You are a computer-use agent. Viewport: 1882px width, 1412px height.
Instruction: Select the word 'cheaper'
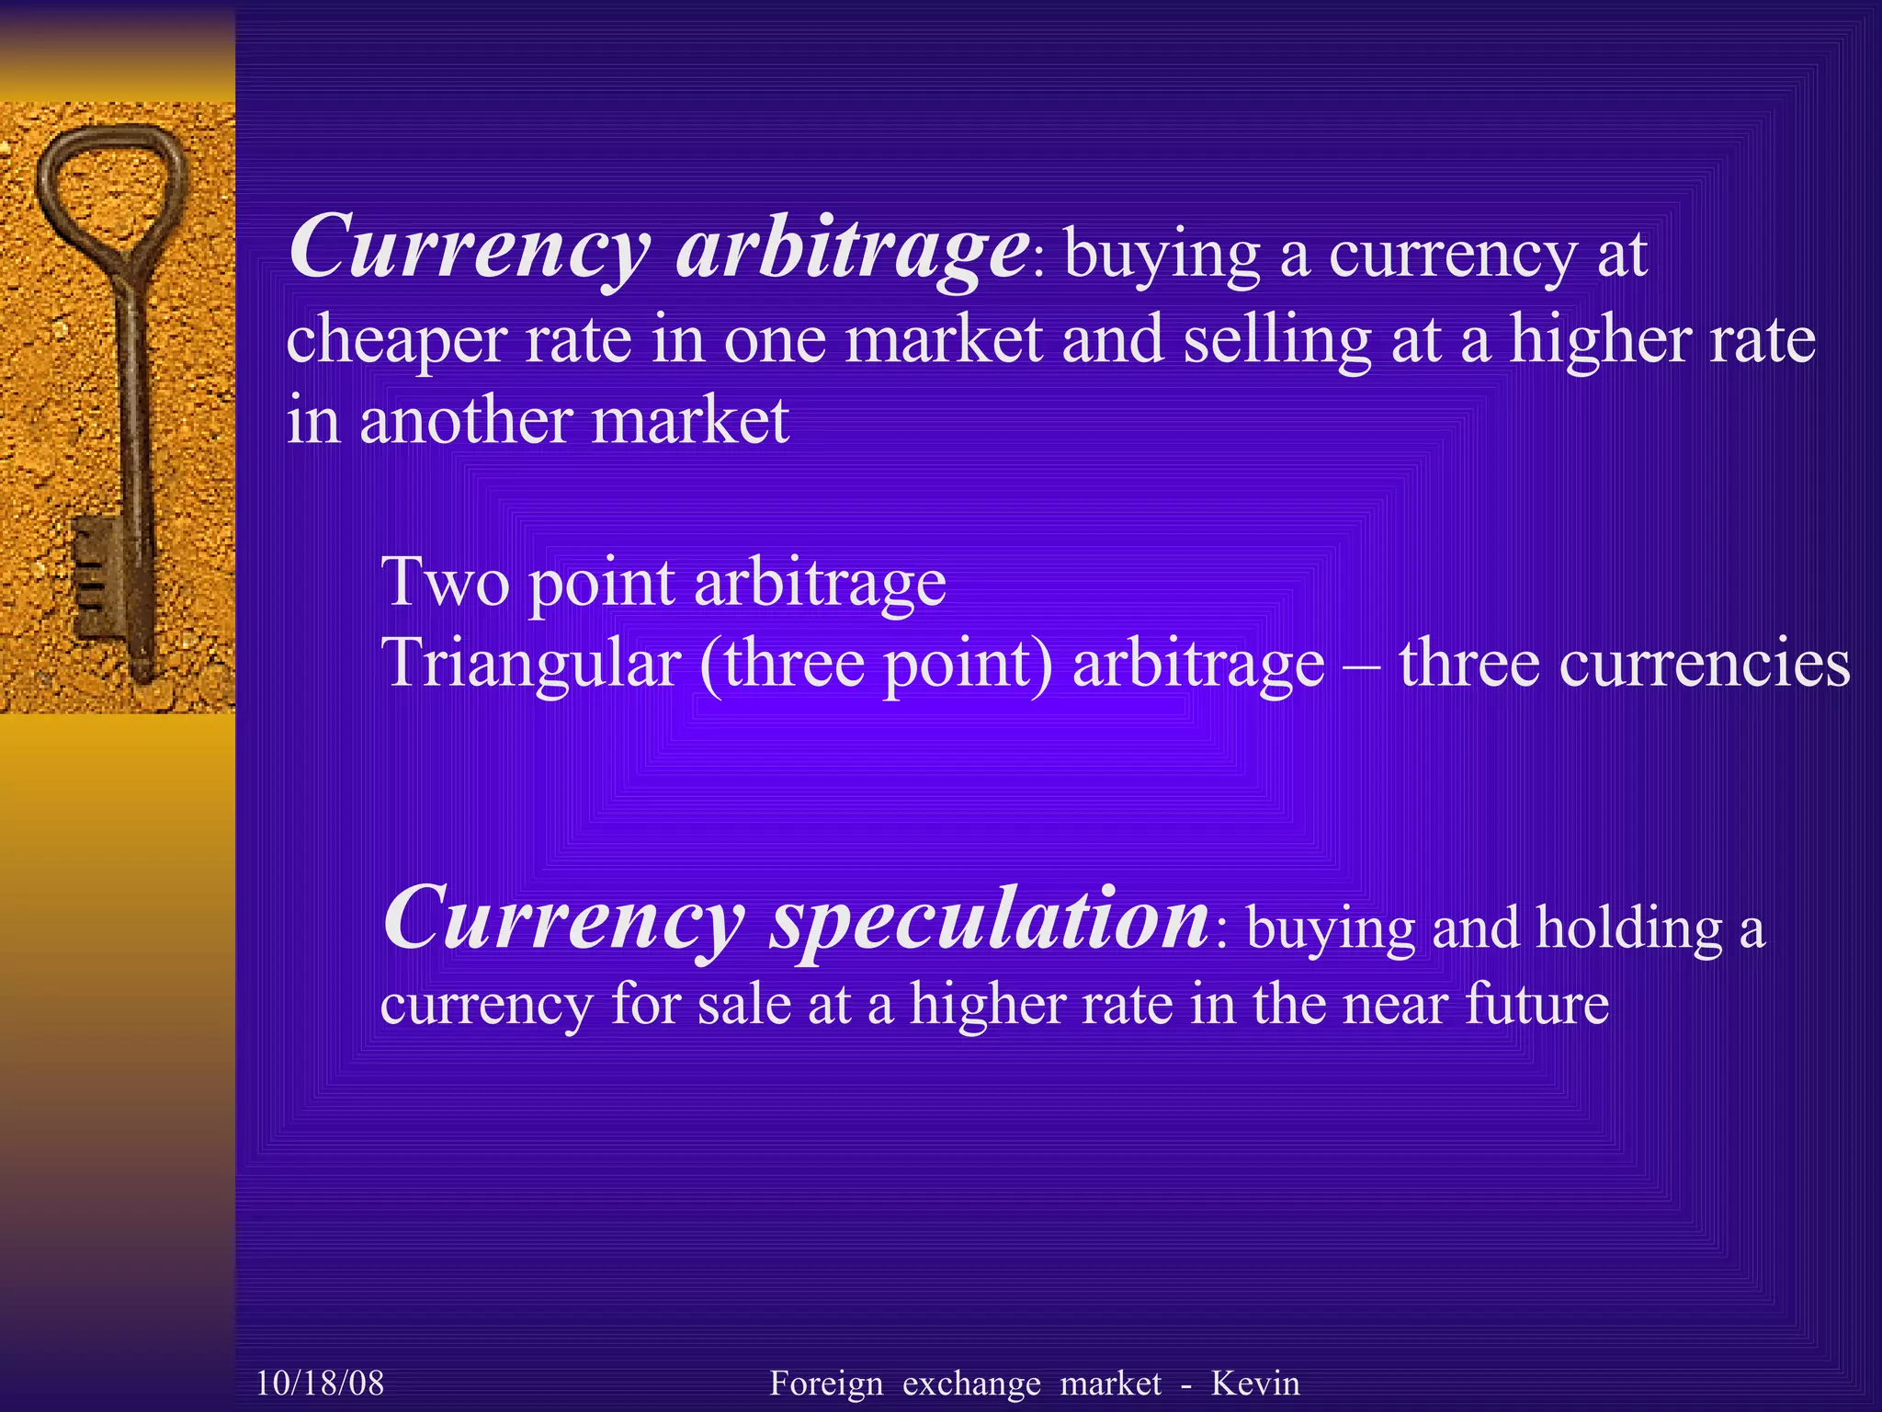[x=395, y=341]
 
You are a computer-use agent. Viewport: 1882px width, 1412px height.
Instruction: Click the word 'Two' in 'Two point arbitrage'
[x=446, y=582]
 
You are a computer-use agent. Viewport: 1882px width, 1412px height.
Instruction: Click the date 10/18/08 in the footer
[x=320, y=1383]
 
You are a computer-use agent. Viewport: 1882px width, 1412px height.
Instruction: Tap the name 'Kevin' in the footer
[x=1255, y=1383]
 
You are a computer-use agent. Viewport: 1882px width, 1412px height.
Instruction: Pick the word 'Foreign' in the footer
[x=826, y=1383]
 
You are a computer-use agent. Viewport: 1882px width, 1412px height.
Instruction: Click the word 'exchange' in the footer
[x=971, y=1383]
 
